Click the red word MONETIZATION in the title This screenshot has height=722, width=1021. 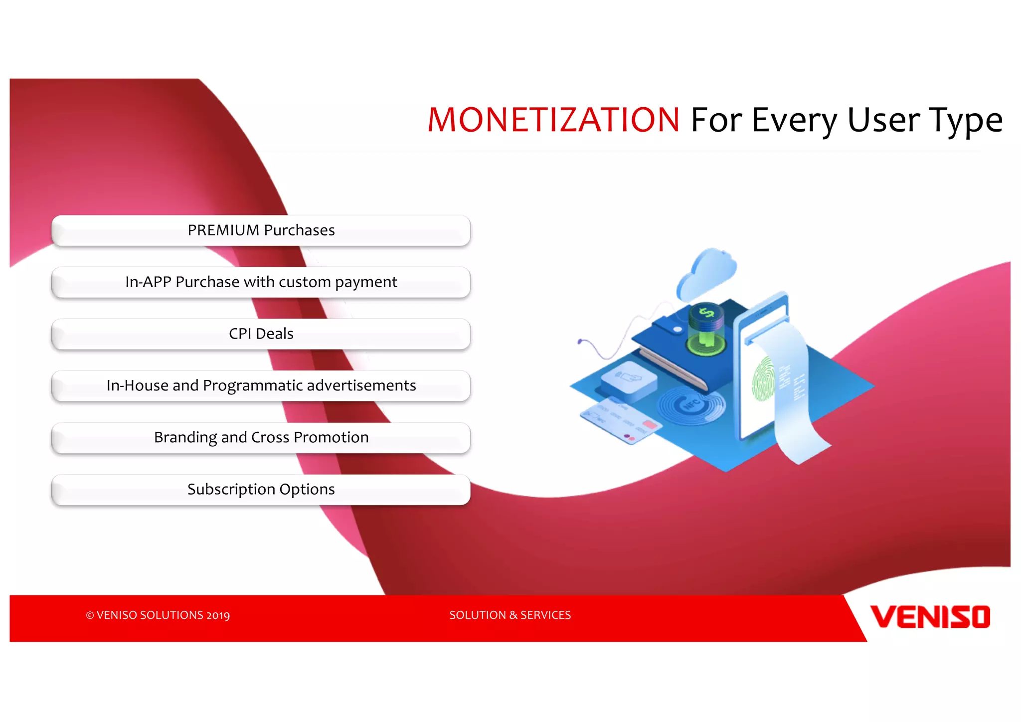click(x=553, y=120)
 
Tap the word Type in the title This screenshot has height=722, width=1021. click(x=965, y=121)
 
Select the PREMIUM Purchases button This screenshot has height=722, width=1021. click(x=261, y=230)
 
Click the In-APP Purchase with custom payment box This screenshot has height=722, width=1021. click(x=261, y=282)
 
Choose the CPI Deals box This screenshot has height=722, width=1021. click(x=261, y=334)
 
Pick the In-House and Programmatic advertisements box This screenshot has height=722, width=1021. click(x=261, y=386)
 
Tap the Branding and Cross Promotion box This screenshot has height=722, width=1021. click(x=261, y=438)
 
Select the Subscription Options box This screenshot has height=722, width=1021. click(x=261, y=490)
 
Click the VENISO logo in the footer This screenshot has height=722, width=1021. click(x=930, y=617)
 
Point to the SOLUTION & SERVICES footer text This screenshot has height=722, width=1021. click(x=510, y=615)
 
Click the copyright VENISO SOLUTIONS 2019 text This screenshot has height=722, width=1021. click(x=158, y=615)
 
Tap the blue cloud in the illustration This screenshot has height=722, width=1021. click(x=707, y=274)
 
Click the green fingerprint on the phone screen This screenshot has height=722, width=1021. click(x=763, y=379)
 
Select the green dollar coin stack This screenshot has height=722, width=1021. click(x=706, y=329)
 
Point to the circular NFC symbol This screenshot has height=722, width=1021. click(x=692, y=404)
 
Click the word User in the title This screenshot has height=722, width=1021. click(x=883, y=120)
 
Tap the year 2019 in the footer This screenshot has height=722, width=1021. click(x=218, y=615)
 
